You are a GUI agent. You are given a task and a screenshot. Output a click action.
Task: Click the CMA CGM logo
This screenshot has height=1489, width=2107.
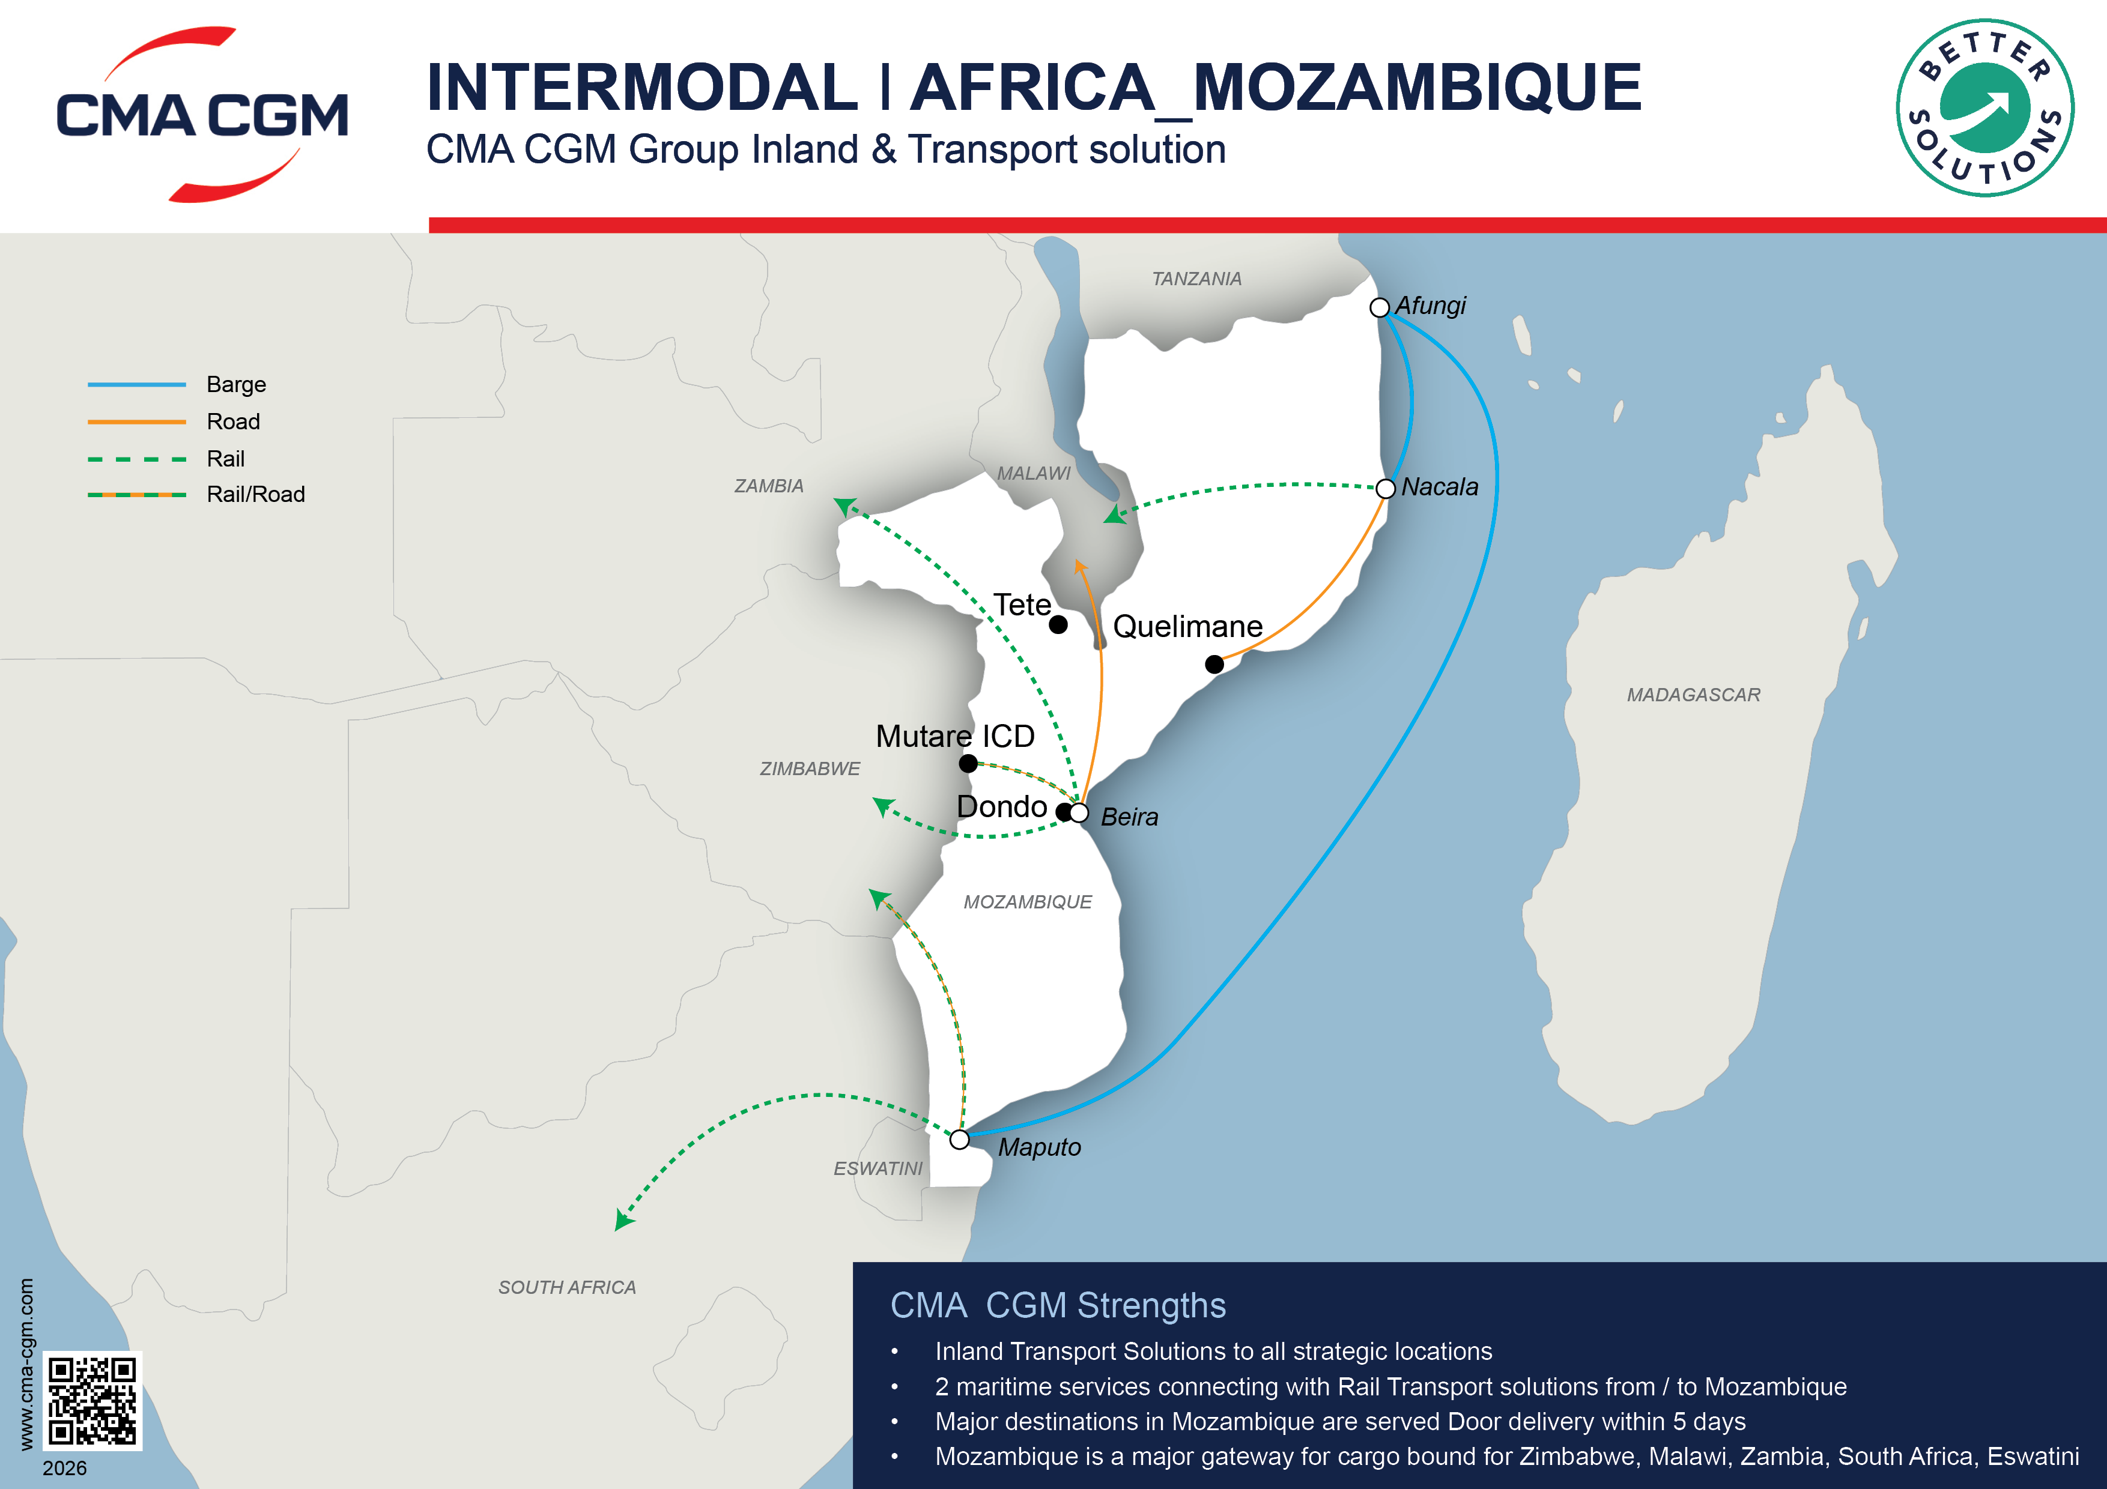pyautogui.click(x=202, y=115)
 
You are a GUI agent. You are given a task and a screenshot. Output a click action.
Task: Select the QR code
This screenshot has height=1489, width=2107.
pyautogui.click(x=92, y=1400)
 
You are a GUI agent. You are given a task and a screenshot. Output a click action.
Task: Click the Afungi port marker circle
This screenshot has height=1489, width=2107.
pyautogui.click(x=1378, y=307)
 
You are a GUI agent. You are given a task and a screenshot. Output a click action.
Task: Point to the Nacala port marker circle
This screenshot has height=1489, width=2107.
pyautogui.click(x=1386, y=488)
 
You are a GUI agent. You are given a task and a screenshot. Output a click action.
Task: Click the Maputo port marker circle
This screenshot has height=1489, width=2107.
pyautogui.click(x=959, y=1140)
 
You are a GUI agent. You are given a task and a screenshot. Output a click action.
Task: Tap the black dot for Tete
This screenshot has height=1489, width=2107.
pyautogui.click(x=1058, y=625)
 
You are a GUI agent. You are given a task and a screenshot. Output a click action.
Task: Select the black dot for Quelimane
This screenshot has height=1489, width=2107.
pyautogui.click(x=1214, y=664)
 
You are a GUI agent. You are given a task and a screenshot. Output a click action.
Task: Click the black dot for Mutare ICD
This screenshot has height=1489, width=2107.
pyautogui.click(x=968, y=763)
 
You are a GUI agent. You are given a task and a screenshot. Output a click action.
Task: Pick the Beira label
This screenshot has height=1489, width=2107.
pyautogui.click(x=1129, y=817)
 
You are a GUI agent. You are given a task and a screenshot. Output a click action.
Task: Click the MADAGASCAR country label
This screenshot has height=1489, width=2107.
pyautogui.click(x=1693, y=695)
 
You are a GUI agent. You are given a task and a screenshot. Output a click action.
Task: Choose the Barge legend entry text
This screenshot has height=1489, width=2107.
pyautogui.click(x=236, y=384)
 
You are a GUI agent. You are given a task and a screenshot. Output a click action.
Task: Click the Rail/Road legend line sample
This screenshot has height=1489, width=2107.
pyautogui.click(x=137, y=495)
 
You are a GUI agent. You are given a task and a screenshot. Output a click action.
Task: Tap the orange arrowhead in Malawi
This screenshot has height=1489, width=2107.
pyautogui.click(x=1080, y=566)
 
